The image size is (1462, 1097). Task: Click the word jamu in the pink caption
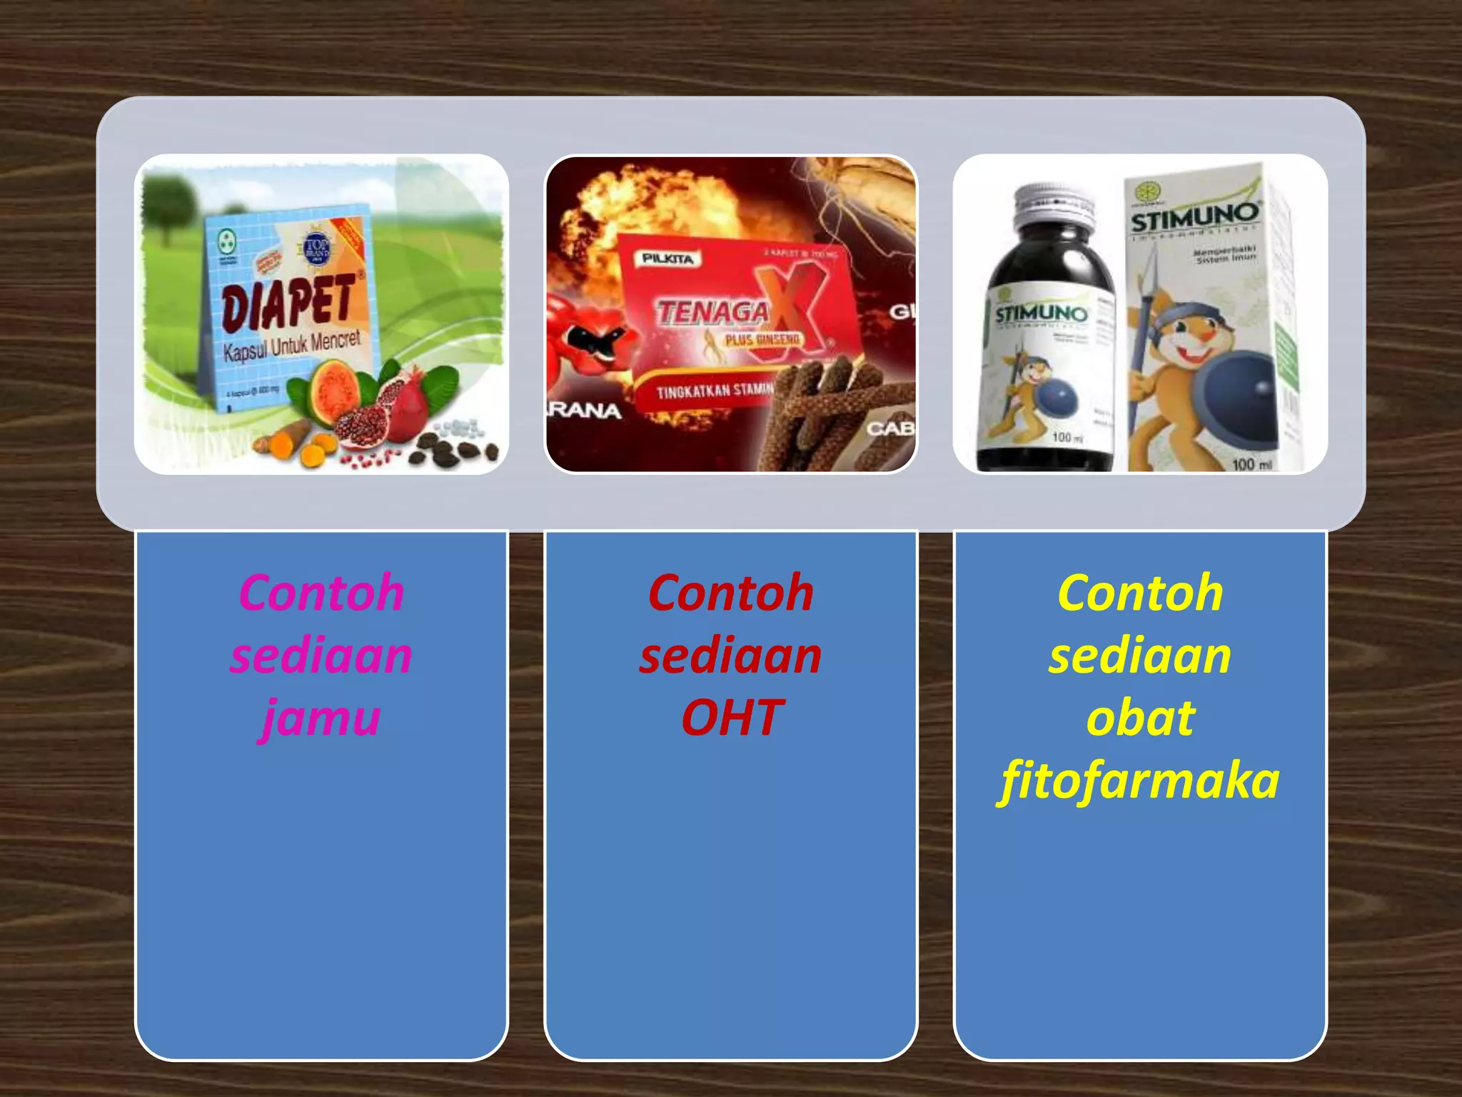(x=321, y=718)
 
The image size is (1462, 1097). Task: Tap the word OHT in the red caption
(x=732, y=718)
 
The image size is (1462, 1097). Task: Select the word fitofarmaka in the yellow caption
(x=1140, y=781)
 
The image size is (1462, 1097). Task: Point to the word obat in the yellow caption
(x=1140, y=718)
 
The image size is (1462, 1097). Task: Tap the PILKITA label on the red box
(x=667, y=259)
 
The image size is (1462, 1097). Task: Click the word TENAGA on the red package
(x=712, y=313)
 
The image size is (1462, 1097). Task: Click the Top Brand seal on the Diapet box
(x=316, y=250)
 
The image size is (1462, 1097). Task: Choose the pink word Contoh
(x=321, y=593)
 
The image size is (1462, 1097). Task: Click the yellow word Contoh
(x=1140, y=593)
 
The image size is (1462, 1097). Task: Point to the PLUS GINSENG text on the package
(x=762, y=340)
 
